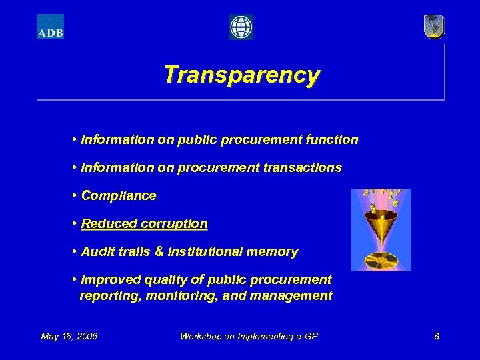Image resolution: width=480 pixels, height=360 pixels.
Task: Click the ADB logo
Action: pyautogui.click(x=50, y=27)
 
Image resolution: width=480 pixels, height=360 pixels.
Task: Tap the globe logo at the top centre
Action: pyautogui.click(x=241, y=27)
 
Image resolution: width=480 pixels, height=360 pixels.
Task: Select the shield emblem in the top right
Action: pyautogui.click(x=434, y=27)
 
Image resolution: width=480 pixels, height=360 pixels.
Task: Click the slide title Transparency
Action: pyautogui.click(x=241, y=75)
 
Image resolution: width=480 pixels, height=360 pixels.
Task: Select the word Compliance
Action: pyautogui.click(x=119, y=196)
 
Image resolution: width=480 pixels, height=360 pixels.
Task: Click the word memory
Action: pyautogui.click(x=274, y=252)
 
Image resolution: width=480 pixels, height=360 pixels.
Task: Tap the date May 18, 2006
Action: pyautogui.click(x=69, y=336)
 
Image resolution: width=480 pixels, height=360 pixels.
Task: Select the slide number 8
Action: pyautogui.click(x=437, y=336)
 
